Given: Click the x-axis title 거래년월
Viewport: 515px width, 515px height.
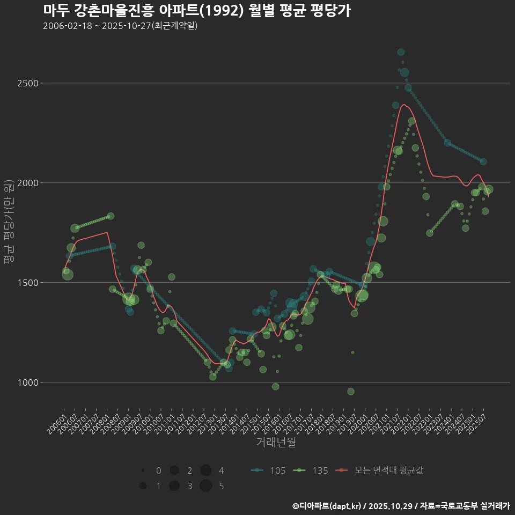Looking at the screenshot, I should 276,443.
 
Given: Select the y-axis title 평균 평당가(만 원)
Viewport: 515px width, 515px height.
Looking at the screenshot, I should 9,223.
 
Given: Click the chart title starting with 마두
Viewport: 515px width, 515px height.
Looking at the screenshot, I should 196,11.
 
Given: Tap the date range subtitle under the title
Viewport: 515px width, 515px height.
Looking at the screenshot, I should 120,26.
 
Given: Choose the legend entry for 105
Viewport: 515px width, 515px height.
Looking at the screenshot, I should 268,470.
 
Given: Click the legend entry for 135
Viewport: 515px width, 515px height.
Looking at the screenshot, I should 311,470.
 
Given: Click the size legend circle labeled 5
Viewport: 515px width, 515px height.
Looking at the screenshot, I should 205,486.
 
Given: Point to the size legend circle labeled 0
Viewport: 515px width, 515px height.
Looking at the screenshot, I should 143,470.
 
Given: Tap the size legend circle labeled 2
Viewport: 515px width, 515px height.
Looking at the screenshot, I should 174,470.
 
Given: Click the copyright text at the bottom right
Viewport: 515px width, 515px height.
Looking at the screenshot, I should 401,506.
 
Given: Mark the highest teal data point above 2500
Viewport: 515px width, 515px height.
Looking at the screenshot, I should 401,52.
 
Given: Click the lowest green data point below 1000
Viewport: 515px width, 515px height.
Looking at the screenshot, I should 351,392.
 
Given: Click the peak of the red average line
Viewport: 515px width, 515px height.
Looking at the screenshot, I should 404,105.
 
